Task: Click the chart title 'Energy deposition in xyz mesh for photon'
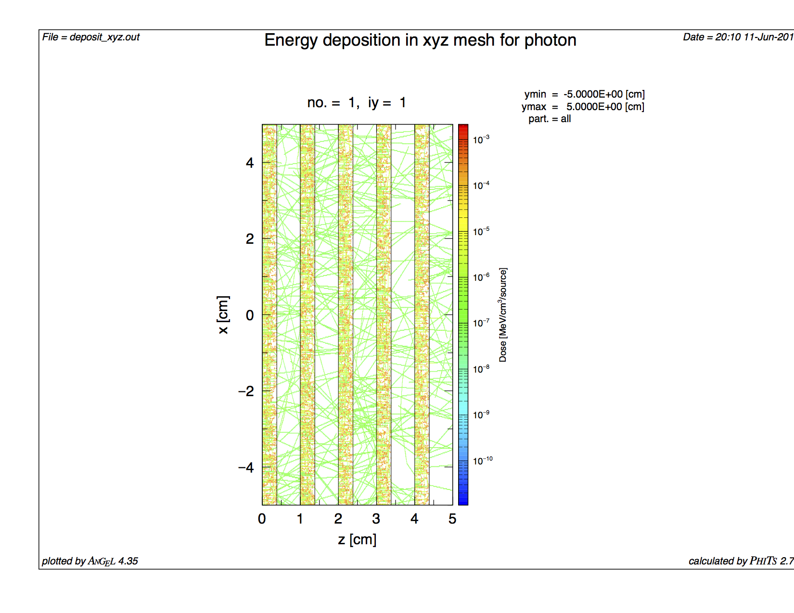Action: [x=420, y=40]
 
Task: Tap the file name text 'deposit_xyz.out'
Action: [x=104, y=37]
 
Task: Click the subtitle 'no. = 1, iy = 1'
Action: [x=357, y=102]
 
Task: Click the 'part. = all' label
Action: [x=550, y=119]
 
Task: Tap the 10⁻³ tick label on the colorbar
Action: [x=481, y=139]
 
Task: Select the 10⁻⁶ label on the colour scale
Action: [x=481, y=277]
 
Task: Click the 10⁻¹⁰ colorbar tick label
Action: [x=482, y=461]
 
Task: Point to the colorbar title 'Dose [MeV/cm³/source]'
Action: [x=503, y=315]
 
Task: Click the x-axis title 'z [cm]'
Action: [x=357, y=539]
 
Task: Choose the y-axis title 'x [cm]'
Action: [x=223, y=315]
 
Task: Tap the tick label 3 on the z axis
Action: [x=376, y=519]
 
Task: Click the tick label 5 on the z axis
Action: [x=452, y=519]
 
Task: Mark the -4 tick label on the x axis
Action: [x=246, y=467]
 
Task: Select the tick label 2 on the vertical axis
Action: [x=250, y=239]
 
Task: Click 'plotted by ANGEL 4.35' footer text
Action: [x=90, y=561]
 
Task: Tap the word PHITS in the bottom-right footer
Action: [x=763, y=561]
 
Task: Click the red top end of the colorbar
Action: [x=463, y=128]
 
